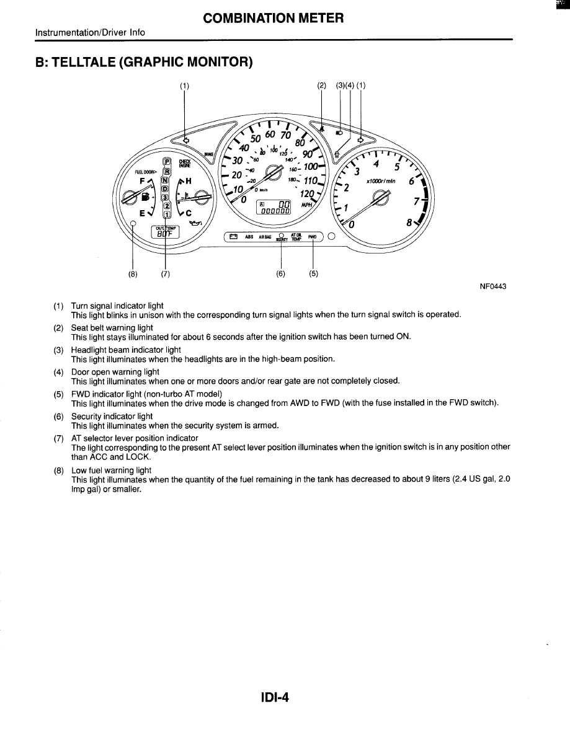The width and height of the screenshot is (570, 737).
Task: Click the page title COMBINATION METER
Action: [273, 18]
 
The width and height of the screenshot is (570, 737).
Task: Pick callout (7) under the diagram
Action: [165, 273]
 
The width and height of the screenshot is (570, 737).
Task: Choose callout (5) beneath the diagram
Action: [313, 273]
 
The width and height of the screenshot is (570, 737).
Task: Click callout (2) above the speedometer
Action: [321, 86]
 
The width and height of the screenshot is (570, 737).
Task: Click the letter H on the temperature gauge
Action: [189, 180]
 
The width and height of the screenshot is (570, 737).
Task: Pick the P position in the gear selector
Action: [166, 162]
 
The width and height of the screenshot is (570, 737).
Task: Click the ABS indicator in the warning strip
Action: [249, 237]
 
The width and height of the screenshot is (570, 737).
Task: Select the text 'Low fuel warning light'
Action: [111, 470]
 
